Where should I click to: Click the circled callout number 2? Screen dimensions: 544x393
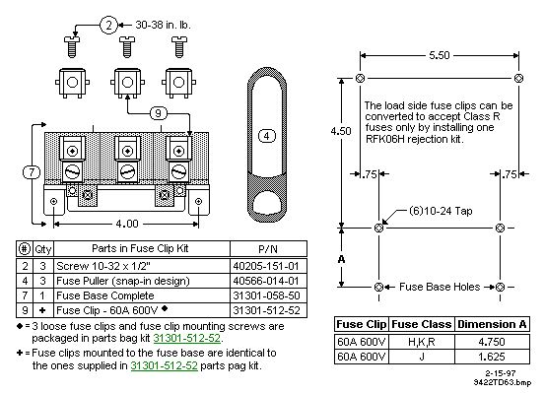coord(108,25)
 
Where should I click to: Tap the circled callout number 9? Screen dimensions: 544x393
coord(159,113)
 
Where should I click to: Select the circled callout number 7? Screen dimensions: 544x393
coord(32,172)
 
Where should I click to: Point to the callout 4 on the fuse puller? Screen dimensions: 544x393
coord(267,136)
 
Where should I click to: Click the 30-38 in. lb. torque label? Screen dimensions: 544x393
coord(163,25)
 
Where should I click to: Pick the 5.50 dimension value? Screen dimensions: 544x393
coord(440,55)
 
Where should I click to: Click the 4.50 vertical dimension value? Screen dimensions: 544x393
coord(341,131)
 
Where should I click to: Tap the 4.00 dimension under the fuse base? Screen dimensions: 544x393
coord(127,224)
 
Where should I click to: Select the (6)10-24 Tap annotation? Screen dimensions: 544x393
coord(441,211)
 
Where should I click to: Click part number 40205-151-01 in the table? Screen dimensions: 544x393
coord(266,266)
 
